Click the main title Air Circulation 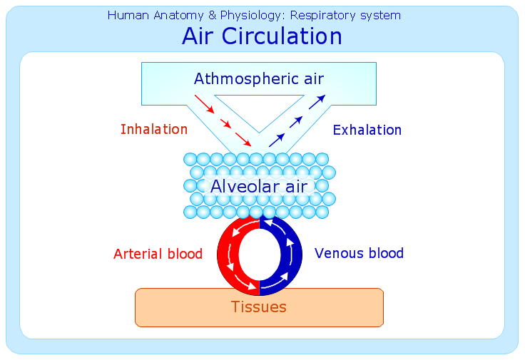pyautogui.click(x=262, y=36)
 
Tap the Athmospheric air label pyautogui.click(x=259, y=79)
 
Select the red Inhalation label pyautogui.click(x=154, y=129)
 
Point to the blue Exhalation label pyautogui.click(x=367, y=130)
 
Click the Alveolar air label pyautogui.click(x=259, y=186)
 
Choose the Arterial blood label pyautogui.click(x=158, y=254)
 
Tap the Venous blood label pyautogui.click(x=359, y=253)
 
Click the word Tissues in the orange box pyautogui.click(x=259, y=307)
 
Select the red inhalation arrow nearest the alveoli pyautogui.click(x=243, y=139)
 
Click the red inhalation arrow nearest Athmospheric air pyautogui.click(x=204, y=104)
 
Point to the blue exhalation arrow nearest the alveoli pyautogui.click(x=277, y=140)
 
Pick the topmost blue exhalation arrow pyautogui.click(x=317, y=102)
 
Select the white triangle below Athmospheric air pyautogui.click(x=259, y=108)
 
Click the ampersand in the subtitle pyautogui.click(x=212, y=16)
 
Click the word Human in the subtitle pyautogui.click(x=128, y=16)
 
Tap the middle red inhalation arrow pyautogui.click(x=225, y=123)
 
